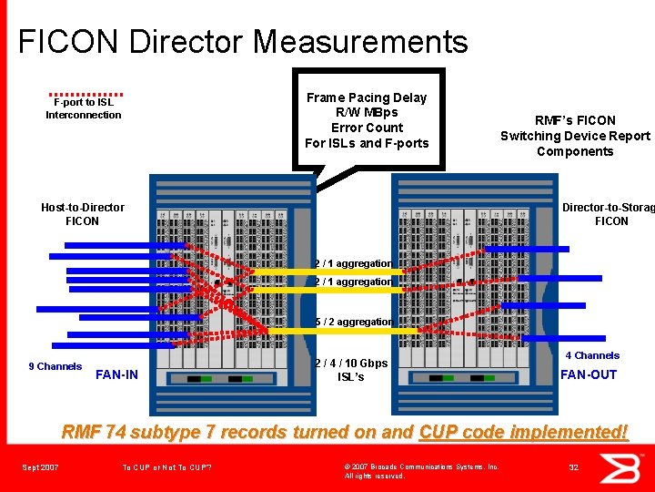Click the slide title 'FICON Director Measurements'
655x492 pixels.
(243, 42)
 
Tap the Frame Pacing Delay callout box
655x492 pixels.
(368, 119)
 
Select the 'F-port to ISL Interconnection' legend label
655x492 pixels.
(83, 108)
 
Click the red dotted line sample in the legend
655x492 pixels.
(86, 93)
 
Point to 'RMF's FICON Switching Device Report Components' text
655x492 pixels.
(575, 136)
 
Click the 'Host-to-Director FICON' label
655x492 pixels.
(83, 214)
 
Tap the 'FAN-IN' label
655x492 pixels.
(116, 374)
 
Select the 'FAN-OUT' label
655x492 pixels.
(588, 374)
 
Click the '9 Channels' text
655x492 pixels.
(55, 366)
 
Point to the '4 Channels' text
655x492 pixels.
(592, 355)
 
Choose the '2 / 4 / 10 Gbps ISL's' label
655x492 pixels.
(350, 370)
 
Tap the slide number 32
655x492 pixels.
(574, 467)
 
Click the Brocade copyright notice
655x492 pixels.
(421, 471)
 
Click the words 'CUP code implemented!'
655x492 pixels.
(524, 432)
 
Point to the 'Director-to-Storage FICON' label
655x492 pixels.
(610, 214)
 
